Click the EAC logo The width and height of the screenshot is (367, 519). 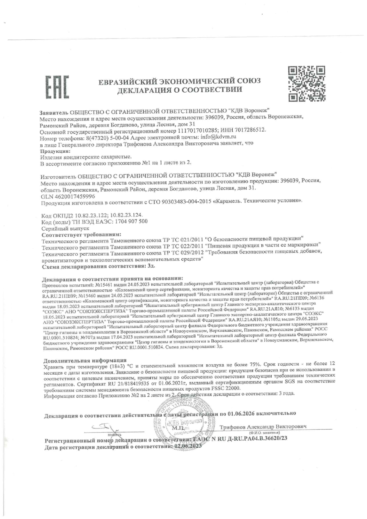(x=57, y=87)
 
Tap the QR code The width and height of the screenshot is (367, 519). (x=307, y=84)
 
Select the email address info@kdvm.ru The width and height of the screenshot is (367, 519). (x=218, y=137)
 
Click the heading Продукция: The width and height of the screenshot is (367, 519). (x=53, y=151)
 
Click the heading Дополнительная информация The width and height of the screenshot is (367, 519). (x=85, y=360)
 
